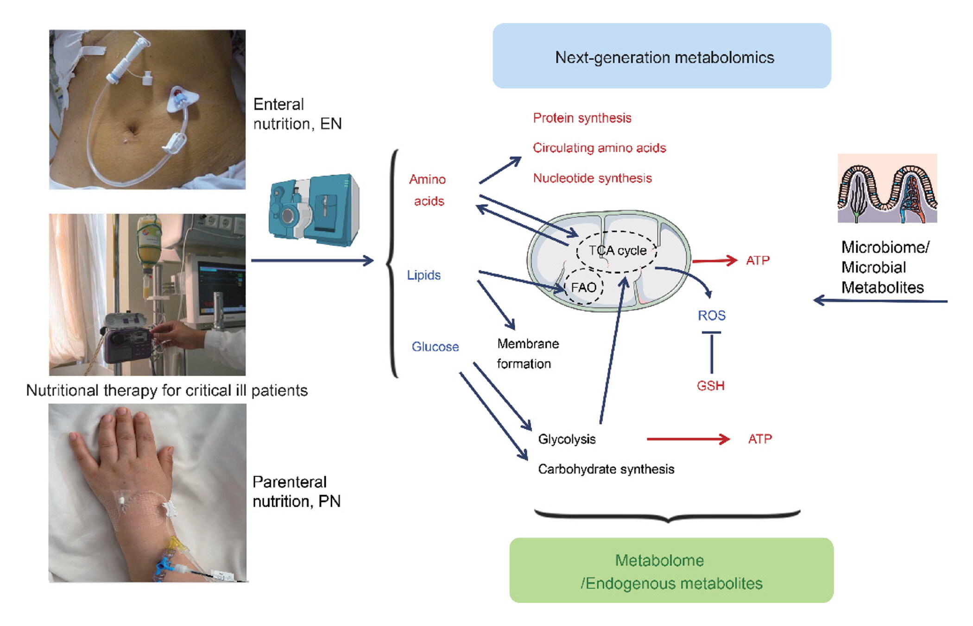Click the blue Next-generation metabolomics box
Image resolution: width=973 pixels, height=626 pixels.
tap(661, 56)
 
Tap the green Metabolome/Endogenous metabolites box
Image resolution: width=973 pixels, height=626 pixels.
tap(671, 570)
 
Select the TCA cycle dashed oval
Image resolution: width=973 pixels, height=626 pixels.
tap(617, 251)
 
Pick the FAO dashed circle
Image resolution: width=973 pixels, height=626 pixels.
tap(583, 288)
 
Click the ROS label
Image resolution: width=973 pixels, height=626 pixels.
tap(711, 315)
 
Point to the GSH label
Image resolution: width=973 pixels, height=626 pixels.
tap(710, 386)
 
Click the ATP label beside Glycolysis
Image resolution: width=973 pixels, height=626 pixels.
tap(760, 439)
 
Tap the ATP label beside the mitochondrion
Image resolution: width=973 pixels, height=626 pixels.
tap(758, 260)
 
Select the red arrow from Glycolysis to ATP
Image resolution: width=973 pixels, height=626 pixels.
tap(688, 439)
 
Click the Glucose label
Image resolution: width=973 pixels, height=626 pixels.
tap(435, 347)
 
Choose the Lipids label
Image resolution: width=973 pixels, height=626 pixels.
tap(423, 275)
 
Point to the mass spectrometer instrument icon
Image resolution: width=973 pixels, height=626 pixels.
tap(314, 210)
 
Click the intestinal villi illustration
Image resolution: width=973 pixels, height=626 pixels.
tap(887, 189)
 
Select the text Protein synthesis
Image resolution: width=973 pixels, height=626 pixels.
tap(582, 118)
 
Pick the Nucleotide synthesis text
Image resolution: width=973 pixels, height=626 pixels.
tap(592, 178)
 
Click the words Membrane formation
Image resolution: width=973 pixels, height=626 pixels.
tap(527, 354)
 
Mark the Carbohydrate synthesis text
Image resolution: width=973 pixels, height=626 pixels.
tap(606, 469)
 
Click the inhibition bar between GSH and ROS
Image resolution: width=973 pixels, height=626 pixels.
tap(711, 352)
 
